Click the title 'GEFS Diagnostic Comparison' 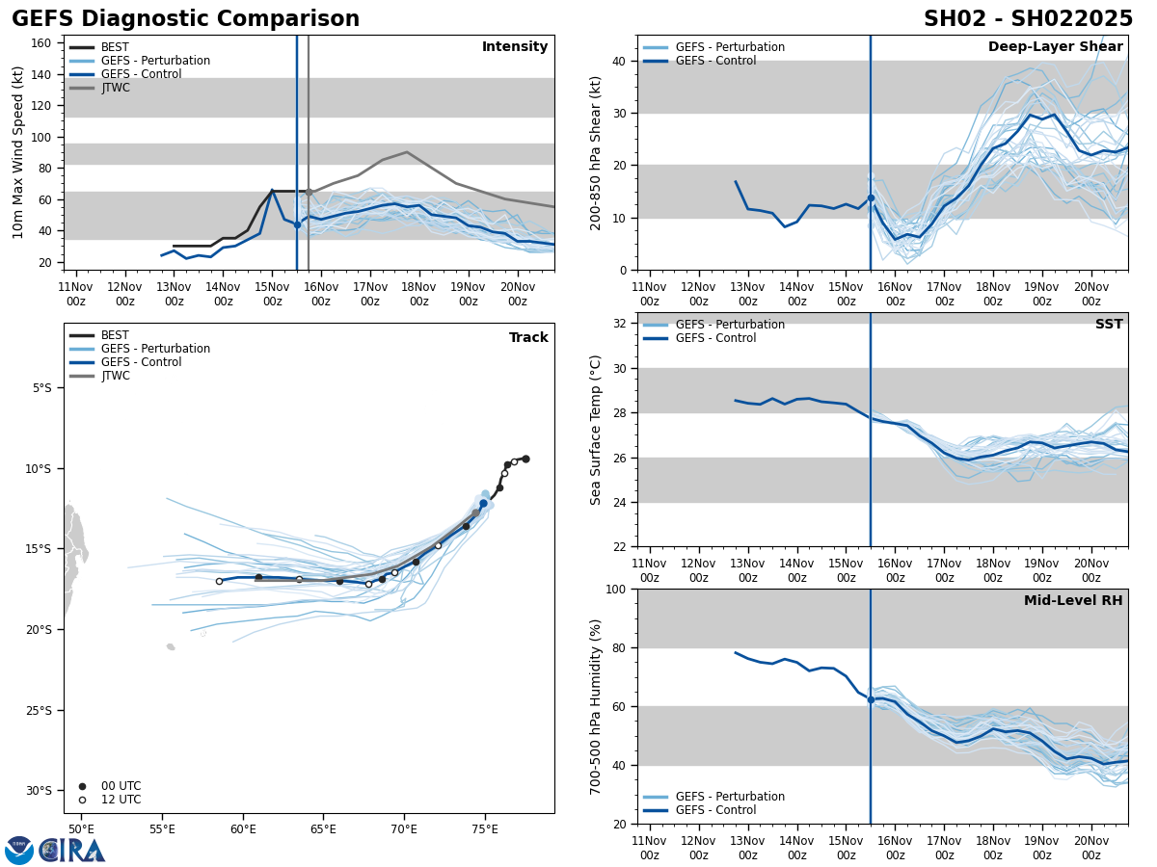(185, 19)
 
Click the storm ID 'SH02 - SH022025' (1028, 19)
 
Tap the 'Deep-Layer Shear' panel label (1055, 47)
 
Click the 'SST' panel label (1108, 325)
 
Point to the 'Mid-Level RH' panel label (1072, 601)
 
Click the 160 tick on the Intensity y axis (41, 43)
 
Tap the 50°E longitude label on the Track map (81, 829)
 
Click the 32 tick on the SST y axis (621, 324)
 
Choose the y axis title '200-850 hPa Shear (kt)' (597, 152)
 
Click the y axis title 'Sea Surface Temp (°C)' (597, 430)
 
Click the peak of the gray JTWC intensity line (407, 152)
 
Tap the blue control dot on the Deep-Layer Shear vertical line (871, 198)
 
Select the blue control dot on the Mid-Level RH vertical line (871, 699)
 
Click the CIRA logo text (73, 850)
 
